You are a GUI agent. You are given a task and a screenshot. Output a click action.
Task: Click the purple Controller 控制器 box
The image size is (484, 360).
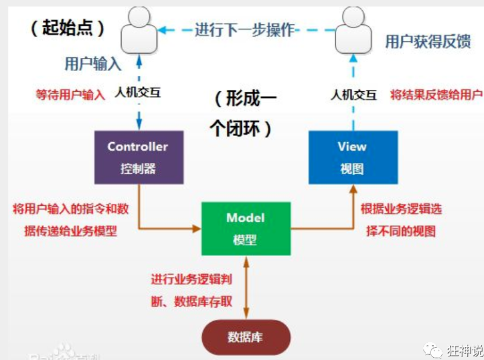point(138,157)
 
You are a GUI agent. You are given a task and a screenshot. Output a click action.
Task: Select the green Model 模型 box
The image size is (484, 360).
point(245,229)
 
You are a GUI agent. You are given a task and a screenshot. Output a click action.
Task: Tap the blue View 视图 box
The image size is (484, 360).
point(353,157)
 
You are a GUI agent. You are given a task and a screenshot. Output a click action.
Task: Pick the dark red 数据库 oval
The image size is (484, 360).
point(245,337)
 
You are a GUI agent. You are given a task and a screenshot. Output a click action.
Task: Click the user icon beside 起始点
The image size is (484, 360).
point(139,30)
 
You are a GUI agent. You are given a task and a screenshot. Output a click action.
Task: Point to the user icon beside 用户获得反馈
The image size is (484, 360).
point(353,30)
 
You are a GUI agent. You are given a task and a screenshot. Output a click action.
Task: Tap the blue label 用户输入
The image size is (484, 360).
point(93,64)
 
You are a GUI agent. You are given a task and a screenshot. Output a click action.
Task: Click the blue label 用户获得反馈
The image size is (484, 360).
point(427,41)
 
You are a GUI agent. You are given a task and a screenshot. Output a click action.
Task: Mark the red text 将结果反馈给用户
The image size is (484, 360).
point(436,94)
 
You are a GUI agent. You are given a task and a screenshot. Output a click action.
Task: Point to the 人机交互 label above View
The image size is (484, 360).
point(354,94)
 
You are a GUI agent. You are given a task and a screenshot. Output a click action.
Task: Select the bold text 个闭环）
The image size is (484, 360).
point(242,128)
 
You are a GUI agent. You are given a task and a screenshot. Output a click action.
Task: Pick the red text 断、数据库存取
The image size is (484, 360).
point(191,301)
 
